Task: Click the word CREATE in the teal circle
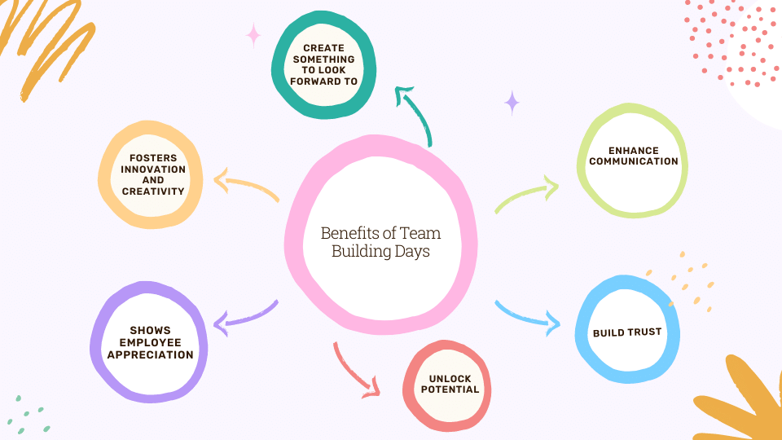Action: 323,48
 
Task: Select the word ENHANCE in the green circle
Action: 634,151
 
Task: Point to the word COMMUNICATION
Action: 634,161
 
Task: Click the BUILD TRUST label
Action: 627,332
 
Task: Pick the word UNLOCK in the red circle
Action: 450,379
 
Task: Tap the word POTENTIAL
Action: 450,389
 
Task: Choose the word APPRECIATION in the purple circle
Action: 150,354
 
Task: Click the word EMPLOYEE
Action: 150,343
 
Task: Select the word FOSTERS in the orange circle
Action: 153,158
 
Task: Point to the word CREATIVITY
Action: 153,191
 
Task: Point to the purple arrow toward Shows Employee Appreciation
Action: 245,317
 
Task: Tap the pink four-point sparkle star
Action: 253,35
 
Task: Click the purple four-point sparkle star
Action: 512,103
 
